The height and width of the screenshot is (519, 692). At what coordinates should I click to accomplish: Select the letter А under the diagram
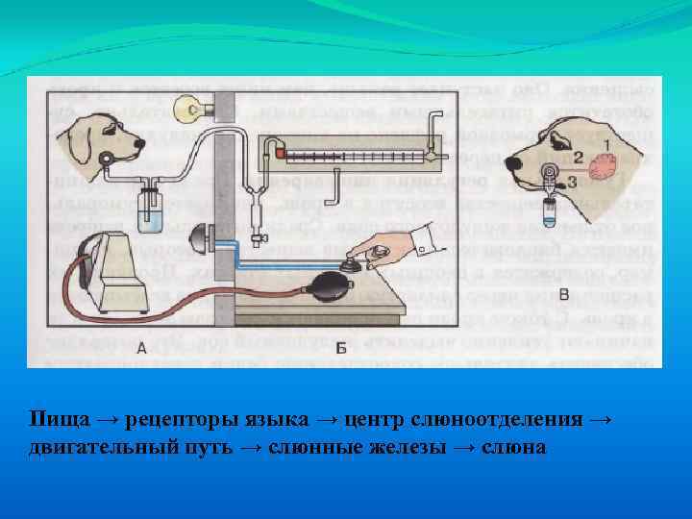click(140, 350)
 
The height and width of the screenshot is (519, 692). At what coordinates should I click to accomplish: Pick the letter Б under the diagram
click(340, 350)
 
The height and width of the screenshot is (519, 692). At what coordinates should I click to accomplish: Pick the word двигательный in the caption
click(104, 447)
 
